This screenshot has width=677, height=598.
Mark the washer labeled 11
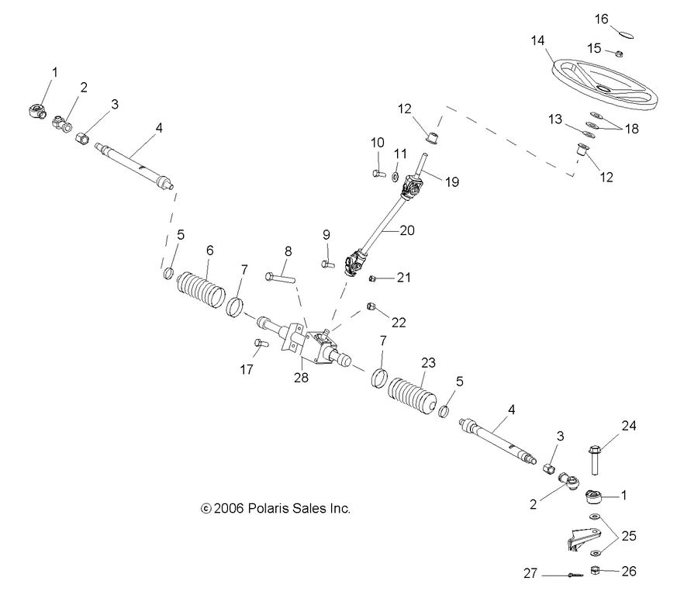(395, 177)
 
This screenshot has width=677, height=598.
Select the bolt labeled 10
(378, 173)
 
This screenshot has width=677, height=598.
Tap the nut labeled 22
(371, 306)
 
